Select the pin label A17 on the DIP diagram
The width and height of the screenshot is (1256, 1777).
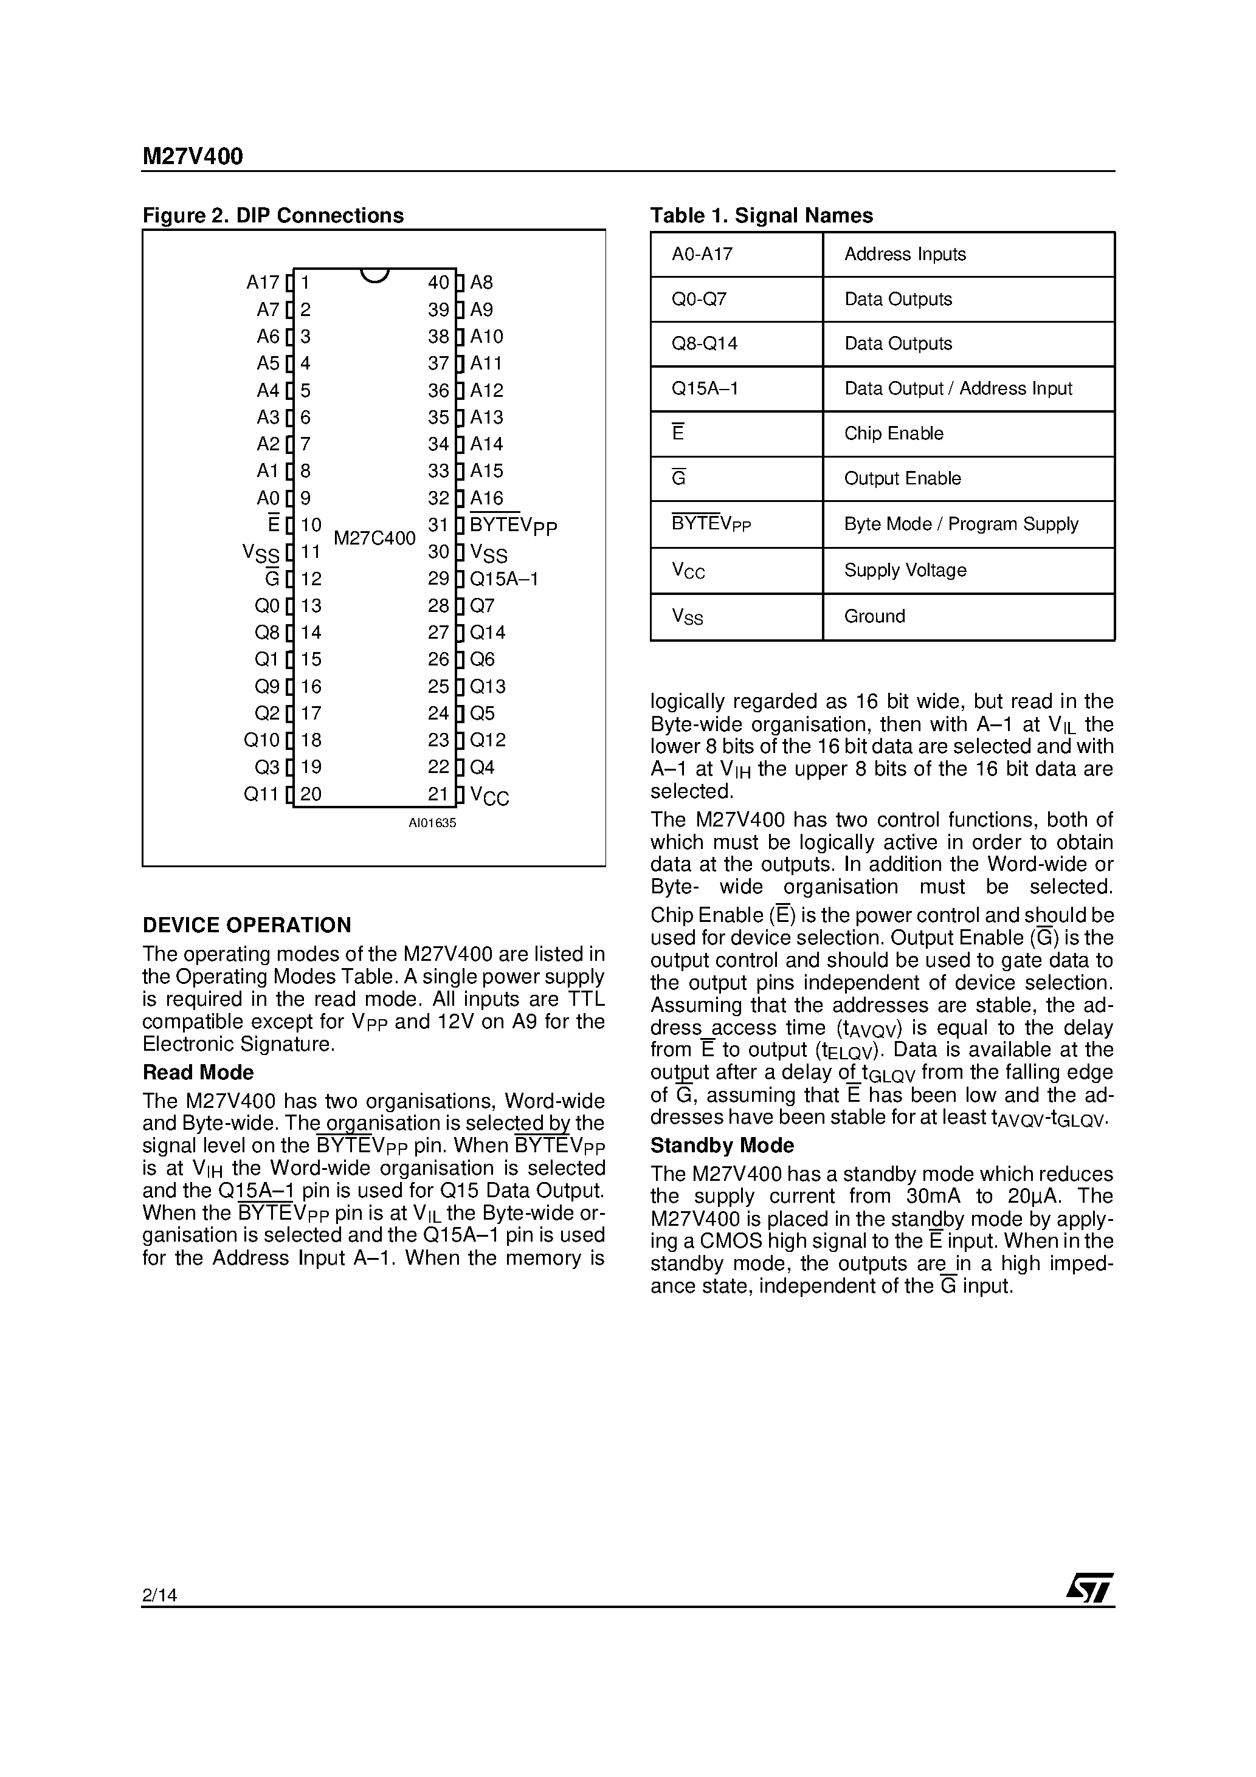pyautogui.click(x=263, y=283)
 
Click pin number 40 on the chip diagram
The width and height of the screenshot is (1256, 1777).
pyautogui.click(x=438, y=283)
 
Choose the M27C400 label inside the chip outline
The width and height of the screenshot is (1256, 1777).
pyautogui.click(x=374, y=538)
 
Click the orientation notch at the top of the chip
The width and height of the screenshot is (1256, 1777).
pyautogui.click(x=374, y=275)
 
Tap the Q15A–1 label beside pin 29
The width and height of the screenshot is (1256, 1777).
pyautogui.click(x=504, y=579)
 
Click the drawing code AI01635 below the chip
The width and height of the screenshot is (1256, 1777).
pyautogui.click(x=432, y=823)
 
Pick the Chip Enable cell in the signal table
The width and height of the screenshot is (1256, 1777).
pyautogui.click(x=894, y=433)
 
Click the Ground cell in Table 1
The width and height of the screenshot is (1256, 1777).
pyautogui.click(x=874, y=616)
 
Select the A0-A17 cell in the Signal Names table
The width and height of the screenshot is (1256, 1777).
pyautogui.click(x=702, y=254)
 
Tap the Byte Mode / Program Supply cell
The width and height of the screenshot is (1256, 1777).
pyautogui.click(x=961, y=524)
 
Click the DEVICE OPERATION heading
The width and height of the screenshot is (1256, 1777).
pyautogui.click(x=246, y=925)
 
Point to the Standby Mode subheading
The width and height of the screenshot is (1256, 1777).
pyautogui.click(x=722, y=1146)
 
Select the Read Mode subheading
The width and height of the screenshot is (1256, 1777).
pyautogui.click(x=198, y=1073)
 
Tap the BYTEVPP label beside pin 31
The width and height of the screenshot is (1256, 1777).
pyautogui.click(x=512, y=526)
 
